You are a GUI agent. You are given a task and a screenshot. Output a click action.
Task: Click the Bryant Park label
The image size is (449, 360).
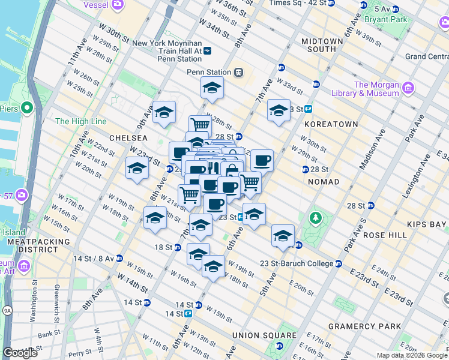tap(390, 19)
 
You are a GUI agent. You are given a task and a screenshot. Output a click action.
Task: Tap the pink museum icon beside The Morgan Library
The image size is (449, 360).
tap(408, 88)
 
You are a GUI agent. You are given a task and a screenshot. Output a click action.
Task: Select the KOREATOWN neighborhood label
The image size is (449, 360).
tap(331, 124)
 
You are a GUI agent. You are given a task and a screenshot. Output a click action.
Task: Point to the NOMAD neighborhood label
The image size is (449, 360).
tap(324, 181)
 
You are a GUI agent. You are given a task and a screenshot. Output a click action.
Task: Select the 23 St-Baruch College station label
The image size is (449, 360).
tap(301, 263)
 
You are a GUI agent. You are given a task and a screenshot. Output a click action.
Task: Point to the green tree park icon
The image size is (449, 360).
tap(313, 217)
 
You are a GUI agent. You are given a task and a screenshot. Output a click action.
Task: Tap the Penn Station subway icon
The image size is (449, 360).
tap(239, 72)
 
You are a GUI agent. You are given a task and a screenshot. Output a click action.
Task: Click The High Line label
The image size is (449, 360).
tap(80, 121)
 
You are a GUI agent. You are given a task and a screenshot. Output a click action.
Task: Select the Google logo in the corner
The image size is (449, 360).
tap(20, 353)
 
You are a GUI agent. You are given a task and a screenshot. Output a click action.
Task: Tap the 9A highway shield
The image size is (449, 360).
tap(7, 311)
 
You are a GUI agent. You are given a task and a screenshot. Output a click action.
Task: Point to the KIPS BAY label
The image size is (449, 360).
tap(423, 224)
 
